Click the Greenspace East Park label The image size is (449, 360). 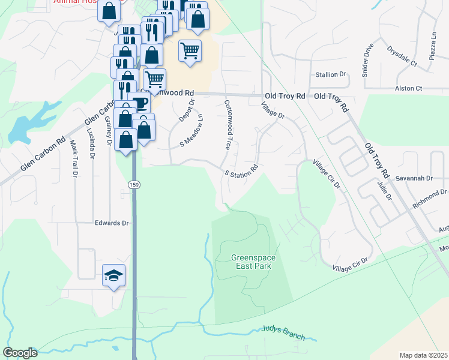coord(253,262)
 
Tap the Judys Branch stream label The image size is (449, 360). coord(283,332)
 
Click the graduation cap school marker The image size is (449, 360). coord(113,275)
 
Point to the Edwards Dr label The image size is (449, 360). coord(112,223)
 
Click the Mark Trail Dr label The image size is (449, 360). coord(74,158)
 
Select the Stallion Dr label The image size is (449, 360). coord(331,75)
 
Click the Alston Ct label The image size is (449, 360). coord(409,88)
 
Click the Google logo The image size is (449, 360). coord(20,353)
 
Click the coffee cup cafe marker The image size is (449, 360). coord(140,103)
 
